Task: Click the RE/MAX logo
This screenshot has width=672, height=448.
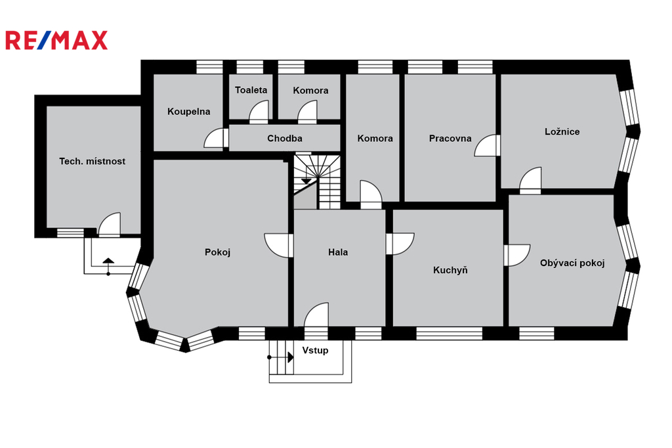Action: click(56, 40)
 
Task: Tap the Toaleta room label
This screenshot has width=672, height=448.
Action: click(251, 90)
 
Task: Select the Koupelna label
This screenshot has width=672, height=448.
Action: click(189, 112)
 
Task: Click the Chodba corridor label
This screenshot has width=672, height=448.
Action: click(285, 138)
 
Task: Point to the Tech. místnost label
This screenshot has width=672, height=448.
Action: click(92, 162)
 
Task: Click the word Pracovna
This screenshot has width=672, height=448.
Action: click(450, 138)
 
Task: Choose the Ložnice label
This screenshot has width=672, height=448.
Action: click(562, 132)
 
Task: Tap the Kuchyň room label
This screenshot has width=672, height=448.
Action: click(450, 270)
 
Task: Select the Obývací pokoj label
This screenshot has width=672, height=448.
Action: click(572, 263)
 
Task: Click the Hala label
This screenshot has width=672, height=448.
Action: click(338, 252)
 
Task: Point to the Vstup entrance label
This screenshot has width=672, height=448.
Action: click(316, 350)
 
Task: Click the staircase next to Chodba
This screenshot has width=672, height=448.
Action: click(317, 181)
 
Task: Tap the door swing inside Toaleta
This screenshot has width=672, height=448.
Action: click(259, 112)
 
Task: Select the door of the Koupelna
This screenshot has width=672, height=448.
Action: click(215, 138)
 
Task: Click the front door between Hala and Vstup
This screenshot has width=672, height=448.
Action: click(316, 317)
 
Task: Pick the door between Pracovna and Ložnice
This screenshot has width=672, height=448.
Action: click(486, 145)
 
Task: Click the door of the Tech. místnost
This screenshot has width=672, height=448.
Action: click(110, 224)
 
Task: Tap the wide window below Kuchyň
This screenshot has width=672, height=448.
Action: click(449, 334)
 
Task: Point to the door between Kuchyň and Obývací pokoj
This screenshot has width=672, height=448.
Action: click(517, 256)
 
